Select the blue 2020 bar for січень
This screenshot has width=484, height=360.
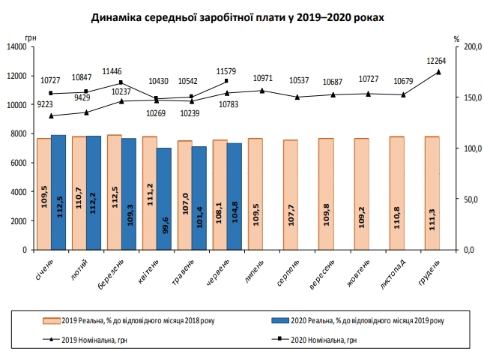(58, 192)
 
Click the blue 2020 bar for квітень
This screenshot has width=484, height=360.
(164, 198)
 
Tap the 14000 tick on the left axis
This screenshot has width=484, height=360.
(16, 47)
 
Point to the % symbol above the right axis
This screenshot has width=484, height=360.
(456, 38)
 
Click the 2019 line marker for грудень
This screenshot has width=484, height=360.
(438, 72)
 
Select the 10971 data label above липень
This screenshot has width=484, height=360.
(262, 78)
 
